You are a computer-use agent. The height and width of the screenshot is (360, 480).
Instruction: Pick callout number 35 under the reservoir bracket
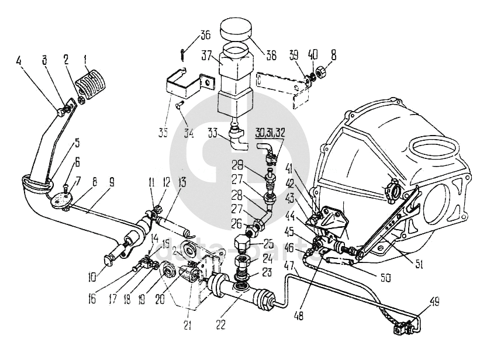(x=163, y=132)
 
